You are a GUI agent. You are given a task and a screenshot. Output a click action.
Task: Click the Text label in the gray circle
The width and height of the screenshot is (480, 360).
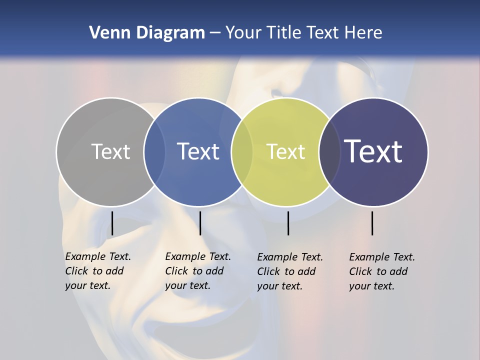pyautogui.click(x=110, y=151)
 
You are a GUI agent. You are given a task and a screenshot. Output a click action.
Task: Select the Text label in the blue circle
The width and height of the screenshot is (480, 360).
pyautogui.click(x=198, y=151)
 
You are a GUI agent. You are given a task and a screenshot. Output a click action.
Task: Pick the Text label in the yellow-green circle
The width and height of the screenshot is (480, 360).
pyautogui.click(x=285, y=151)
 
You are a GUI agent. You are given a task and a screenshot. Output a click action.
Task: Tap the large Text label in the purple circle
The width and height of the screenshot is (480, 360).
pyautogui.click(x=373, y=151)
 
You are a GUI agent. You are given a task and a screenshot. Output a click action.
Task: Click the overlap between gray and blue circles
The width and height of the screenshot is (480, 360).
pyautogui.click(x=154, y=151)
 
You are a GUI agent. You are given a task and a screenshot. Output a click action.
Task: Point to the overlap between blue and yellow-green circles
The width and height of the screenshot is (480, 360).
pyautogui.click(x=242, y=151)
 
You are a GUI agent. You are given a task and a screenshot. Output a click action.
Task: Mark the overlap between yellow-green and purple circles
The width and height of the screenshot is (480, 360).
pyautogui.click(x=329, y=151)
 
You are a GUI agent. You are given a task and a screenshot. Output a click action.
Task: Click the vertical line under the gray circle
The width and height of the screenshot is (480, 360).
pyautogui.click(x=112, y=223)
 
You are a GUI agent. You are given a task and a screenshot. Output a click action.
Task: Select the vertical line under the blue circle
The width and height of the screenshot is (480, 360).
pyautogui.click(x=200, y=223)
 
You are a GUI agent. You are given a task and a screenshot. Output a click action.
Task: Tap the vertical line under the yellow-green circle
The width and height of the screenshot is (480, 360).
pyautogui.click(x=288, y=223)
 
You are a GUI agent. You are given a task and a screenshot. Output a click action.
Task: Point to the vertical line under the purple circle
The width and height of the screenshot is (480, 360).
pyautogui.click(x=372, y=223)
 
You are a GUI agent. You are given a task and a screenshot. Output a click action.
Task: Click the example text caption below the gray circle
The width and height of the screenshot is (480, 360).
pyautogui.click(x=97, y=271)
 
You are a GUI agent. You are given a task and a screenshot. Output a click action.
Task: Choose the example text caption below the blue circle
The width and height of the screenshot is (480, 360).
pyautogui.click(x=197, y=271)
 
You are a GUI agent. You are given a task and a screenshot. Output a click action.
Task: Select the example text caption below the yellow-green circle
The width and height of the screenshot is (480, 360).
pyautogui.click(x=289, y=271)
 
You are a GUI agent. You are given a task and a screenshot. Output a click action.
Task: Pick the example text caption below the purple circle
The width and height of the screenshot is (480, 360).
pyautogui.click(x=381, y=271)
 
